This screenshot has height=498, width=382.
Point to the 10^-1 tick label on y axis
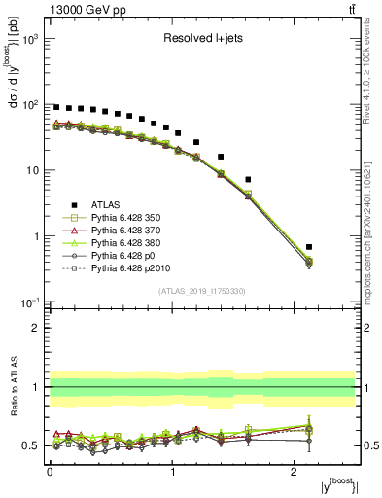27,302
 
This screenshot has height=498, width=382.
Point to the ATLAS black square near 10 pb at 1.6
248,179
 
